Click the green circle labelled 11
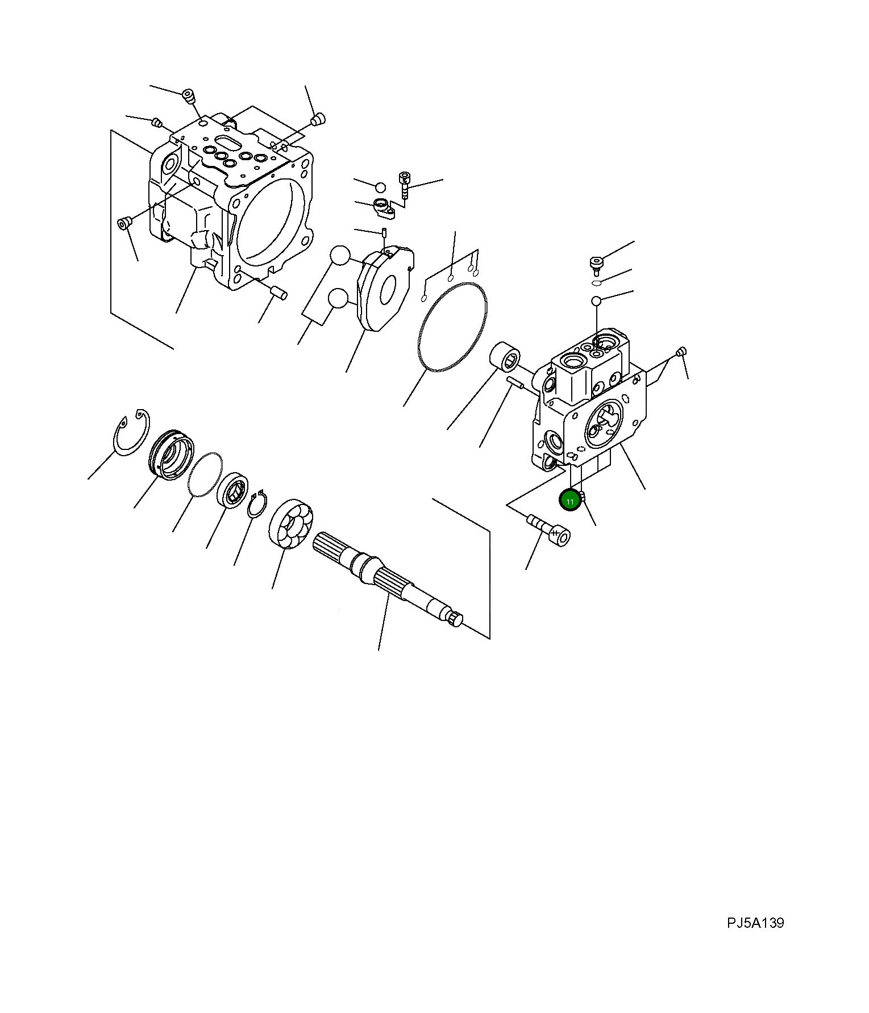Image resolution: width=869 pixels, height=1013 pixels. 569,501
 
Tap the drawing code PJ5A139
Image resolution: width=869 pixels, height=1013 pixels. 755,923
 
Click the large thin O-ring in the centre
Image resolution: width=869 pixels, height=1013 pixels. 452,327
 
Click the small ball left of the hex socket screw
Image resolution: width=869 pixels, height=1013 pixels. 380,187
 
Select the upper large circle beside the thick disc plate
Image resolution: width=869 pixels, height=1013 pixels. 340,256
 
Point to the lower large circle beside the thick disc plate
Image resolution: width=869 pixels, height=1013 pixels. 339,299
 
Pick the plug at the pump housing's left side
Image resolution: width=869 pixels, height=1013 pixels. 123,223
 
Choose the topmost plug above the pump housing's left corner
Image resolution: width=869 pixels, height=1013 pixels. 188,97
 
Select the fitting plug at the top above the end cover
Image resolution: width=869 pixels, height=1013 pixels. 595,264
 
